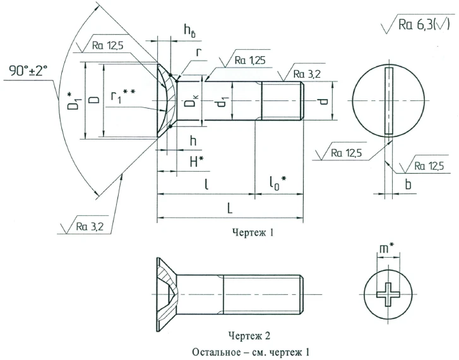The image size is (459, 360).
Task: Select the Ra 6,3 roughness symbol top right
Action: [419, 26]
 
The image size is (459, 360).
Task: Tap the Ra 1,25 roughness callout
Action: [247, 61]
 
